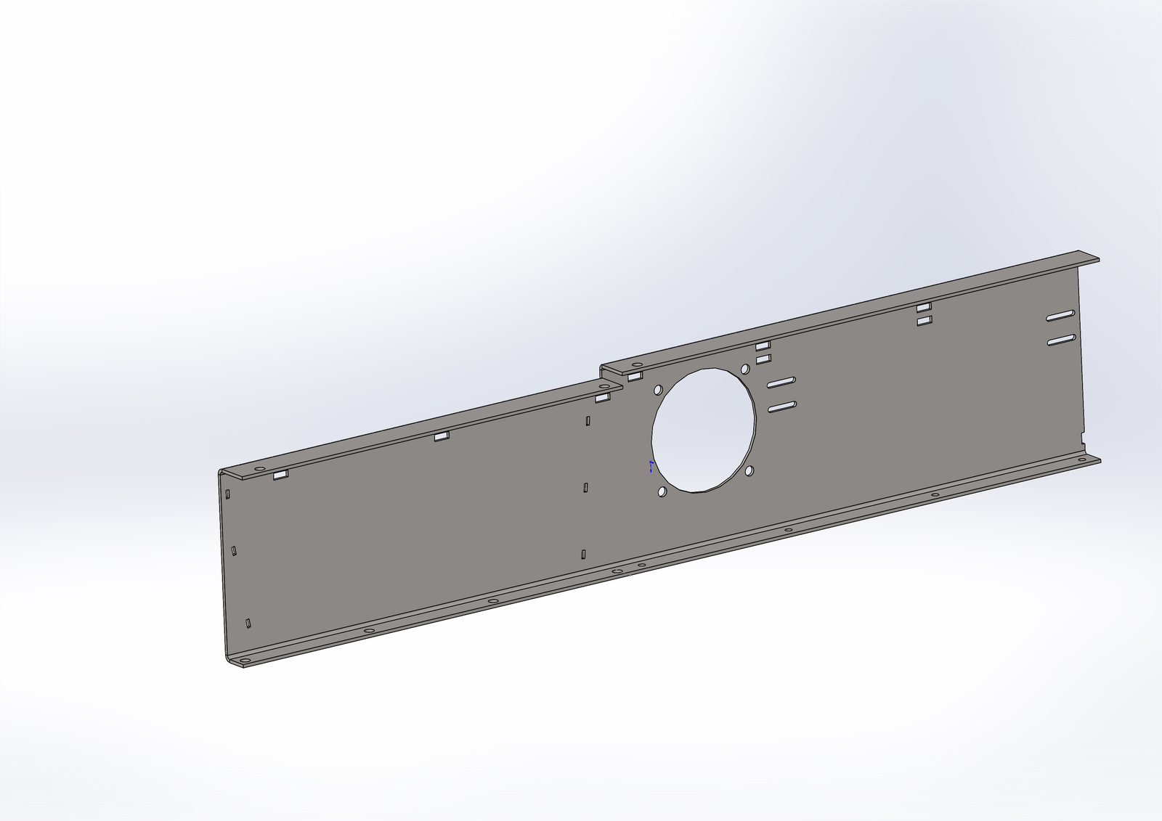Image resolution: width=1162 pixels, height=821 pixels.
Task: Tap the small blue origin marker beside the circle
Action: [651, 466]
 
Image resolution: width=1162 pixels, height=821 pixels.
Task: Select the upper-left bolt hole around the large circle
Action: [658, 391]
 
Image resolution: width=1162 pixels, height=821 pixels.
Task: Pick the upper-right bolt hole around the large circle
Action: [744, 369]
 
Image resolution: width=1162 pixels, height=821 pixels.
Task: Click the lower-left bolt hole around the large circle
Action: [662, 492]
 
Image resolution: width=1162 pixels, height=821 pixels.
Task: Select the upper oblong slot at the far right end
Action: [1061, 316]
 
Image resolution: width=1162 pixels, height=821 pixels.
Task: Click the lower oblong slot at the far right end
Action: [1061, 340]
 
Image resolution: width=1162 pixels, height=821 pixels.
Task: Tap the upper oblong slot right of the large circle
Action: [781, 382]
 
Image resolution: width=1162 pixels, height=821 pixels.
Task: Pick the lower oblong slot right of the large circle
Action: [781, 407]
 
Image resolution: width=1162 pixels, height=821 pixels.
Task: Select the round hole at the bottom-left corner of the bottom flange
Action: [245, 661]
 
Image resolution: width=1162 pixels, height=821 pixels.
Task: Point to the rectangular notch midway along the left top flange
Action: [442, 436]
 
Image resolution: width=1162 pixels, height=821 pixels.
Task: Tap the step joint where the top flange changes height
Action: [602, 372]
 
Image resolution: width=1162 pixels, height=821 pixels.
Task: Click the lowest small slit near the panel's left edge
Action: [248, 623]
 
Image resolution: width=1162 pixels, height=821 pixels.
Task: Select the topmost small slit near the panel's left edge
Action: [228, 494]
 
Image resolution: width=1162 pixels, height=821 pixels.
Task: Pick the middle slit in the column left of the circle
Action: [585, 488]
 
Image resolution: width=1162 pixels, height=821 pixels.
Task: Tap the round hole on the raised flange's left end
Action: [637, 364]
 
